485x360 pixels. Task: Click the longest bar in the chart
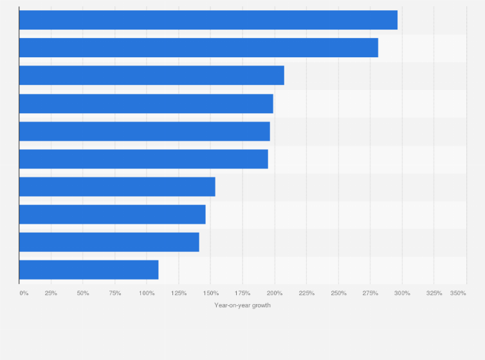[x=208, y=20]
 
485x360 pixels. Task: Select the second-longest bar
[x=198, y=48]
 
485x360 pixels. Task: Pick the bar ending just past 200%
[x=151, y=75]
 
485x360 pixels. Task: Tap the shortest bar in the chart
[x=89, y=269]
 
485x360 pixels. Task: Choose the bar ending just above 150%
[x=117, y=186]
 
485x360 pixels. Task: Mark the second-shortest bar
[x=109, y=242]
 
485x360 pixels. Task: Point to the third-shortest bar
[x=112, y=214]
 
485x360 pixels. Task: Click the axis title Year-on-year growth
[x=243, y=305]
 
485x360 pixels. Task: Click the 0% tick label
[x=24, y=293]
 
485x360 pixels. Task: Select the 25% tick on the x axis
[x=51, y=293]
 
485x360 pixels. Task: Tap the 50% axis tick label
[x=83, y=293]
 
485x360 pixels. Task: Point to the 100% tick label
[x=147, y=293]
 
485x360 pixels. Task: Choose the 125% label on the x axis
[x=179, y=293]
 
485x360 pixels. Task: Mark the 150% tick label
[x=211, y=293]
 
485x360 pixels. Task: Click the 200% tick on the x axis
[x=275, y=293]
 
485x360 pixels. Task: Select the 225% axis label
[x=307, y=293]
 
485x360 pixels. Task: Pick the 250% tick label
[x=338, y=293]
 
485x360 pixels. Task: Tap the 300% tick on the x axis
[x=402, y=293]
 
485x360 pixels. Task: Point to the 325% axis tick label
[x=434, y=293]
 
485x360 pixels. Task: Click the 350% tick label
[x=458, y=293]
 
